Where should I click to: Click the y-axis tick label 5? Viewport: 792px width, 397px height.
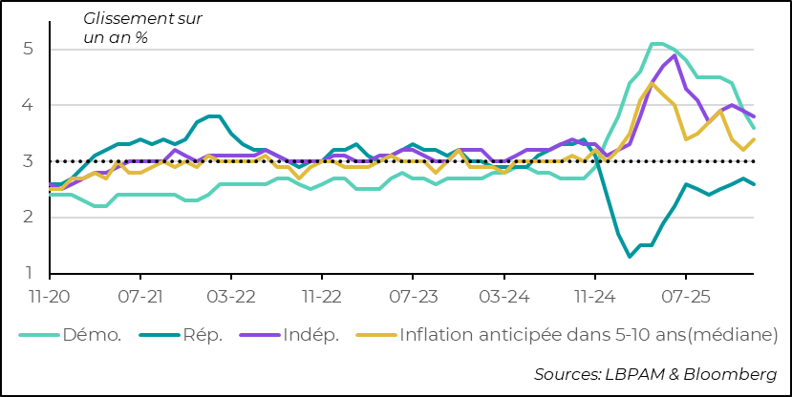(31, 49)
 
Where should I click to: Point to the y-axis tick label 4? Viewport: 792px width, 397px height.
(31, 105)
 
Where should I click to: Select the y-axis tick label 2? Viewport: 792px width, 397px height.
(31, 218)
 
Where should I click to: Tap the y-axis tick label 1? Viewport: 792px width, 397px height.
(31, 274)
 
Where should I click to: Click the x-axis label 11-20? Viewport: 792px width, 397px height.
(48, 297)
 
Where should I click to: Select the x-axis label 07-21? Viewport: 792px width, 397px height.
(139, 297)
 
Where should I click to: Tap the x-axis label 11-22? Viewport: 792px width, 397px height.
(322, 297)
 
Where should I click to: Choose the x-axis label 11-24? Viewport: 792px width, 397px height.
(594, 297)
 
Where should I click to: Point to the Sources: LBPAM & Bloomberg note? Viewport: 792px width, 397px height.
(655, 373)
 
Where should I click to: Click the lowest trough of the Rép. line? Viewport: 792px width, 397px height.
(630, 256)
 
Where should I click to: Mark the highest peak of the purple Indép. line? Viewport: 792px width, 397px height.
(674, 55)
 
